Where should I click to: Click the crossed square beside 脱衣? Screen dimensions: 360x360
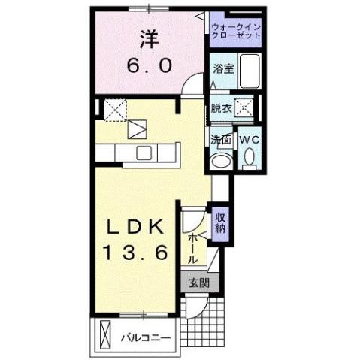(245, 107)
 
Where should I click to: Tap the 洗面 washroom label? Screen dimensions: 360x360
(220, 140)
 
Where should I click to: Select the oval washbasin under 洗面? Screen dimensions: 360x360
(221, 162)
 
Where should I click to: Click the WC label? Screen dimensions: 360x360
(249, 140)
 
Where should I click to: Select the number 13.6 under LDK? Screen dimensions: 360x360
(135, 254)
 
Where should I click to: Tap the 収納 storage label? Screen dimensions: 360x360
(221, 223)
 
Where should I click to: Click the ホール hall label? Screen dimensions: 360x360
(193, 247)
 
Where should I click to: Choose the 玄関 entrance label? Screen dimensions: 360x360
(198, 283)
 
